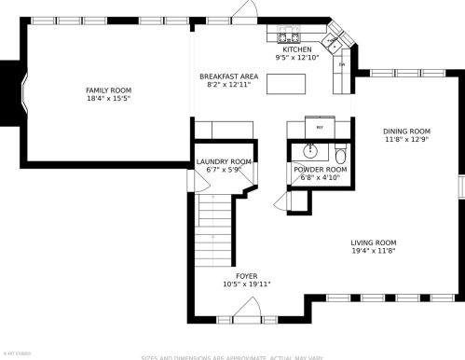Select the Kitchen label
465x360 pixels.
click(x=297, y=49)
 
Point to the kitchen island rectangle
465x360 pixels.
click(x=286, y=83)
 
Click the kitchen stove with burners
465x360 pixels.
click(x=287, y=36)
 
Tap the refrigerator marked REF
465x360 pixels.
click(x=320, y=127)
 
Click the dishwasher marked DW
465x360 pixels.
click(x=341, y=65)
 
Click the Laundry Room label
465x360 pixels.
click(x=224, y=161)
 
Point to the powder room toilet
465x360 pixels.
click(x=340, y=153)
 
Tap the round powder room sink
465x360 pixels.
click(x=311, y=151)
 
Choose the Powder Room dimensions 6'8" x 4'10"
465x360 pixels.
click(x=320, y=178)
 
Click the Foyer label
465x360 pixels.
click(x=246, y=275)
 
